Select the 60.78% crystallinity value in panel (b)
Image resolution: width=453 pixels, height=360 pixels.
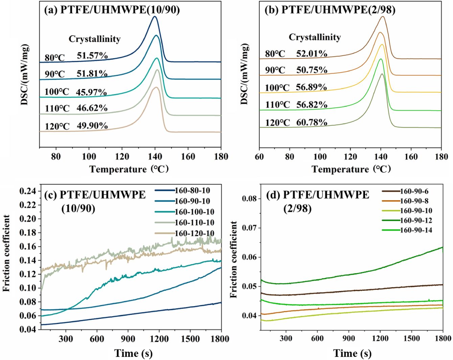point(312,122)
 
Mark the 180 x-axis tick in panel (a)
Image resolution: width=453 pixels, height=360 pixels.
point(221,157)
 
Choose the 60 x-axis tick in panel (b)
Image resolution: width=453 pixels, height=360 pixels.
point(259,157)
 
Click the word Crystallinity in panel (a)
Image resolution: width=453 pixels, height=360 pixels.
point(94,39)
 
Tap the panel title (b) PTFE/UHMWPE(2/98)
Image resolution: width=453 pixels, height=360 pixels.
point(330,9)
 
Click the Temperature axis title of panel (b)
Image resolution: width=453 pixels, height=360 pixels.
point(351,169)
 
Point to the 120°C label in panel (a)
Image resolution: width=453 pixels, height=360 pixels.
point(57,126)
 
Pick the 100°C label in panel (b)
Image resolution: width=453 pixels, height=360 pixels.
point(277,88)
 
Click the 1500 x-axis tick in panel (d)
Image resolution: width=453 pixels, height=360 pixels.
point(411,338)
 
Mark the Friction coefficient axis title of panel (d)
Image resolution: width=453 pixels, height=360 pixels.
point(233,260)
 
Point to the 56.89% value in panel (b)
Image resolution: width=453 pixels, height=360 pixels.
point(311,87)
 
